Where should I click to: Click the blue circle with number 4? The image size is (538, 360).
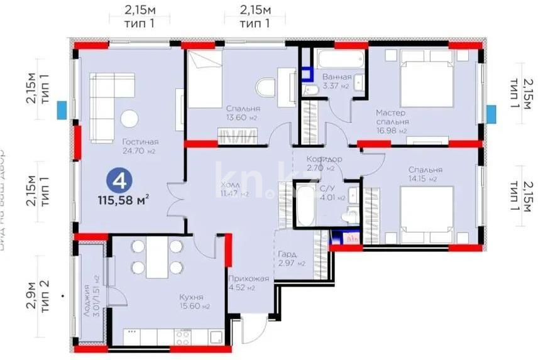point(119,180)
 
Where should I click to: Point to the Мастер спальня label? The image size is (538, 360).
point(392,117)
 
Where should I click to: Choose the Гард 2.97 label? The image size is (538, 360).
point(291,258)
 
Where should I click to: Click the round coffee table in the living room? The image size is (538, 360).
point(130,117)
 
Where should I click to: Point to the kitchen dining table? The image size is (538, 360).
point(157,258)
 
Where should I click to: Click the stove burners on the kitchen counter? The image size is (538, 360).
point(183,338)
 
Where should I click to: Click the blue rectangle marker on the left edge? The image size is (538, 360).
point(61,110)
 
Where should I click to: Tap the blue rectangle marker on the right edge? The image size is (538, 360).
point(491,114)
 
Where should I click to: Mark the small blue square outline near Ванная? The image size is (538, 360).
point(307,74)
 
